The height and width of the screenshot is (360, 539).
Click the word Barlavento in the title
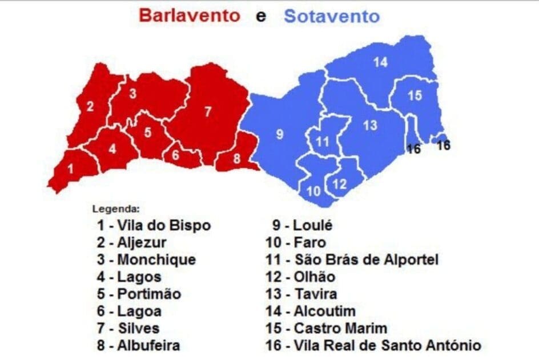189,15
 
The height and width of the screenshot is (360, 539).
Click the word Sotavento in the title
331,16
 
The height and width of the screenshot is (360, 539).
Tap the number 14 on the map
380,63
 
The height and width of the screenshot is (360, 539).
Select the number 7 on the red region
208,111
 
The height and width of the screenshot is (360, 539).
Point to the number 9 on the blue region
279,135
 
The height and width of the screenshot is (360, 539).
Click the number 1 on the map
70,169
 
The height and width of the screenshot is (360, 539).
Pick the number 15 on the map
415,96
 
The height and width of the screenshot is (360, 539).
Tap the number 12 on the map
339,184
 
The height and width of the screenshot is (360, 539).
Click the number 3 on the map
132,94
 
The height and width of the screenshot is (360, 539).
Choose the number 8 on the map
237,159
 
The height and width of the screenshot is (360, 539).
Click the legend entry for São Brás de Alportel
352,260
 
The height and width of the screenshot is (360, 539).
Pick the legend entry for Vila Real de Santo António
373,346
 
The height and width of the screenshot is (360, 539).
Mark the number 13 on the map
370,125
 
